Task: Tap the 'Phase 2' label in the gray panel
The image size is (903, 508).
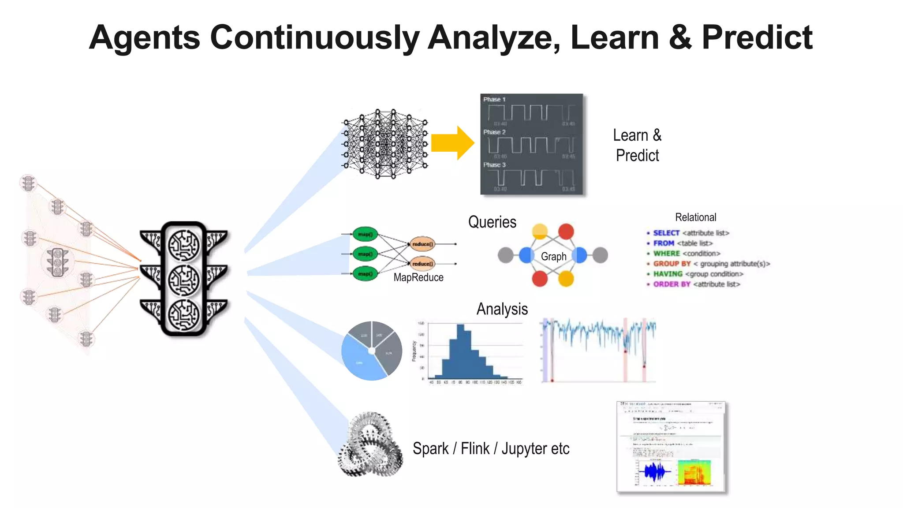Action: pyautogui.click(x=494, y=132)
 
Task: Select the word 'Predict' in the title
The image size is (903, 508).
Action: pyautogui.click(x=757, y=37)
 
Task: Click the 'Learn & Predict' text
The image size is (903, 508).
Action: pyautogui.click(x=637, y=145)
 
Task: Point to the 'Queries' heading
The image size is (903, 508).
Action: pyautogui.click(x=492, y=222)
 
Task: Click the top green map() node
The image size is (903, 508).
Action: pyautogui.click(x=365, y=234)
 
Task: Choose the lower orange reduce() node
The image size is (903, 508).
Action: pyautogui.click(x=422, y=264)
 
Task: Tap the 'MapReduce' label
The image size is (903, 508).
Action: pyautogui.click(x=418, y=277)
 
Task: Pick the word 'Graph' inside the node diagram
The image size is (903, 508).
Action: pyautogui.click(x=553, y=256)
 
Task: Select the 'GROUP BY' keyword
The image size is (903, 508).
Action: pyautogui.click(x=672, y=264)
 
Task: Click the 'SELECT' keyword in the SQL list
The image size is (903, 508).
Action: pyautogui.click(x=666, y=233)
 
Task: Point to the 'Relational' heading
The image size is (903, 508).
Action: pyautogui.click(x=695, y=217)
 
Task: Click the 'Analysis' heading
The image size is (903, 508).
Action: pyautogui.click(x=502, y=309)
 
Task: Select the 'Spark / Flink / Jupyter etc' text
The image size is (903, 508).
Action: pyautogui.click(x=491, y=448)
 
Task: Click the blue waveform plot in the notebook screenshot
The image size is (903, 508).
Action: pyautogui.click(x=656, y=472)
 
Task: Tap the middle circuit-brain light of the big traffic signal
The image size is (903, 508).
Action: pyautogui.click(x=184, y=280)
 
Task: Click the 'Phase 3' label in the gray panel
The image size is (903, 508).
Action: pyautogui.click(x=494, y=164)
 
